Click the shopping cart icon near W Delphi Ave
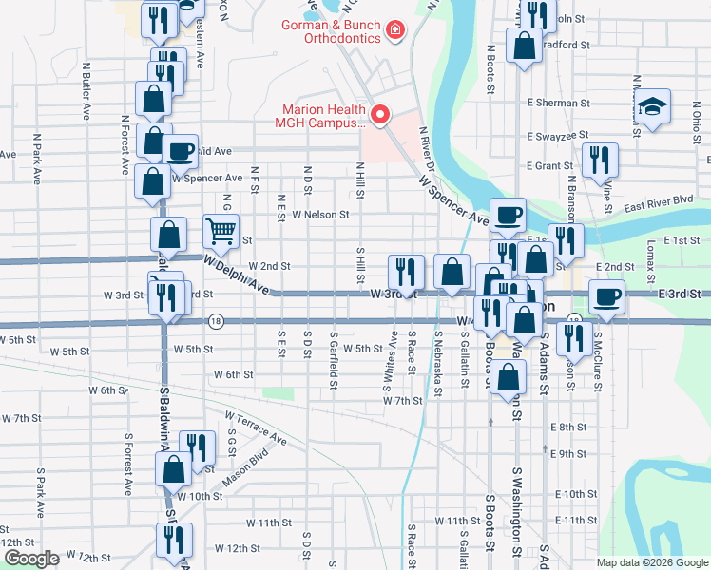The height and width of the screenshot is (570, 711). point(221,231)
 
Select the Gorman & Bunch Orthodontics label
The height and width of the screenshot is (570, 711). point(329,31)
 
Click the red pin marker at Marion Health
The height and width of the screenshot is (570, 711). point(381,115)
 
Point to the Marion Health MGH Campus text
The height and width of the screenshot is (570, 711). point(320,115)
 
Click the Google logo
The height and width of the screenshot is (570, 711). point(30,559)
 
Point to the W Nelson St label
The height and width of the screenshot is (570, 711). point(321,215)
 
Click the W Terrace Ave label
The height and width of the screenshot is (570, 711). point(256,427)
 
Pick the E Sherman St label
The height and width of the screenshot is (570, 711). point(558,103)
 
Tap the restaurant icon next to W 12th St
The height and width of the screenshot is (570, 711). point(174,540)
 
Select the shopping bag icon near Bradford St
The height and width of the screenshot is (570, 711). point(524,46)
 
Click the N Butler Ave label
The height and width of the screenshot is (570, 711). point(86,90)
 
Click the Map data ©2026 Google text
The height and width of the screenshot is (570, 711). point(651,561)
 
